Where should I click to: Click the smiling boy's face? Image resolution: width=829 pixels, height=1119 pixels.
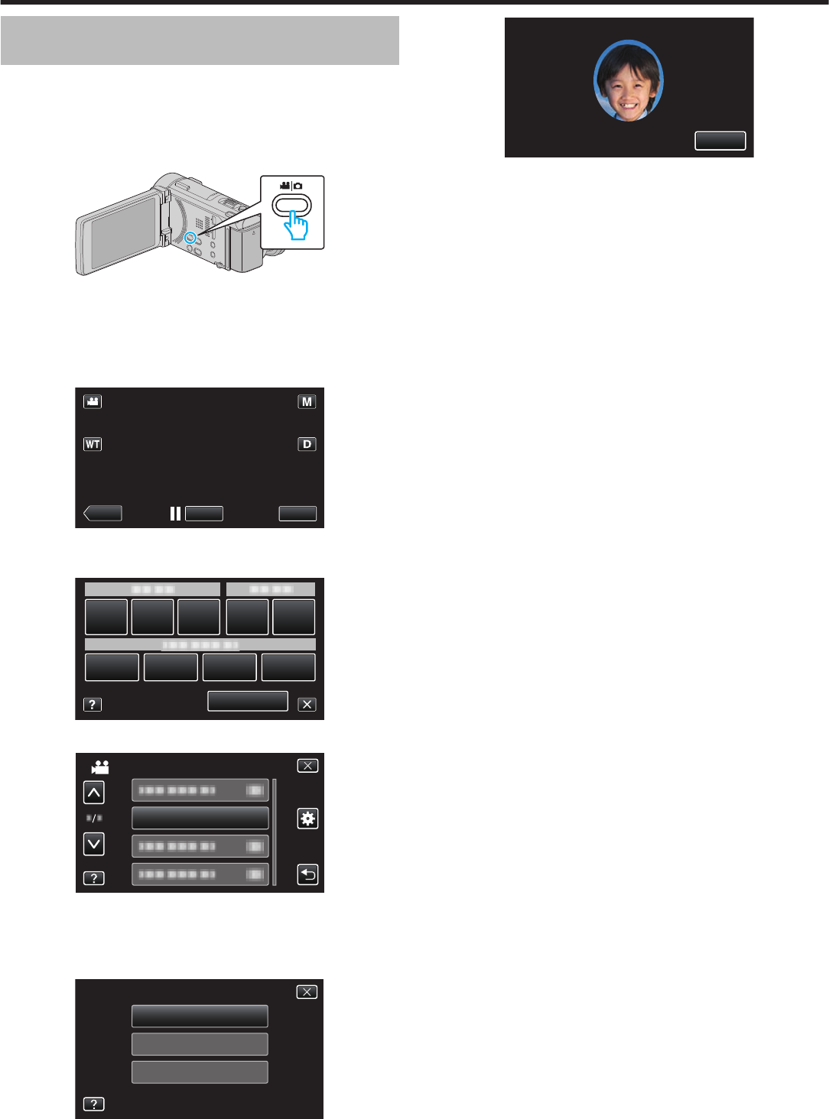pos(629,81)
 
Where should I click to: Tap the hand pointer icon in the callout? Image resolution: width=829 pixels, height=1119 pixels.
pos(296,225)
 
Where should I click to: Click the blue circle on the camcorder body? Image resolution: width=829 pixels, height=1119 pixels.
pos(191,238)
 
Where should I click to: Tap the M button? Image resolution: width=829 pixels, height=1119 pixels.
pos(307,402)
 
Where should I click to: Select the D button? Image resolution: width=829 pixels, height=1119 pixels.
pos(307,444)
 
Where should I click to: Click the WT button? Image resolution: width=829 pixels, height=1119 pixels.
pos(93,444)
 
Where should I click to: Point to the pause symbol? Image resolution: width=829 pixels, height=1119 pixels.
pos(175,514)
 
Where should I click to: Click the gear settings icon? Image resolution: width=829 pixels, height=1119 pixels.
pos(307,819)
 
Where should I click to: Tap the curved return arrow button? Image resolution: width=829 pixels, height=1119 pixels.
pos(307,874)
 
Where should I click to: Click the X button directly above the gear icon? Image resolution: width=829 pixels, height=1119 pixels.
pos(307,766)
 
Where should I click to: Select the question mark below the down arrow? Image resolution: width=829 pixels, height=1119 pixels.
pos(93,878)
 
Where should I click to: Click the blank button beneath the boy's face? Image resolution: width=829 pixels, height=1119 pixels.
pos(720,141)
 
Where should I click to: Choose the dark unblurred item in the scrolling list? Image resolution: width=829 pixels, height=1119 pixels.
pos(200,818)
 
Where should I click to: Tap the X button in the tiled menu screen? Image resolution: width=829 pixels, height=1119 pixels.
pos(307,705)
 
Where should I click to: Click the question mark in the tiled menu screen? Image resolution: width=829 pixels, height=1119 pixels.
pos(92,705)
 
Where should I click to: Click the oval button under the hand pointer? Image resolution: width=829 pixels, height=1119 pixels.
pos(292,205)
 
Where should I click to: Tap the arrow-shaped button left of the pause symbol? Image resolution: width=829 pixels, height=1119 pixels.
pos(102,514)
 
